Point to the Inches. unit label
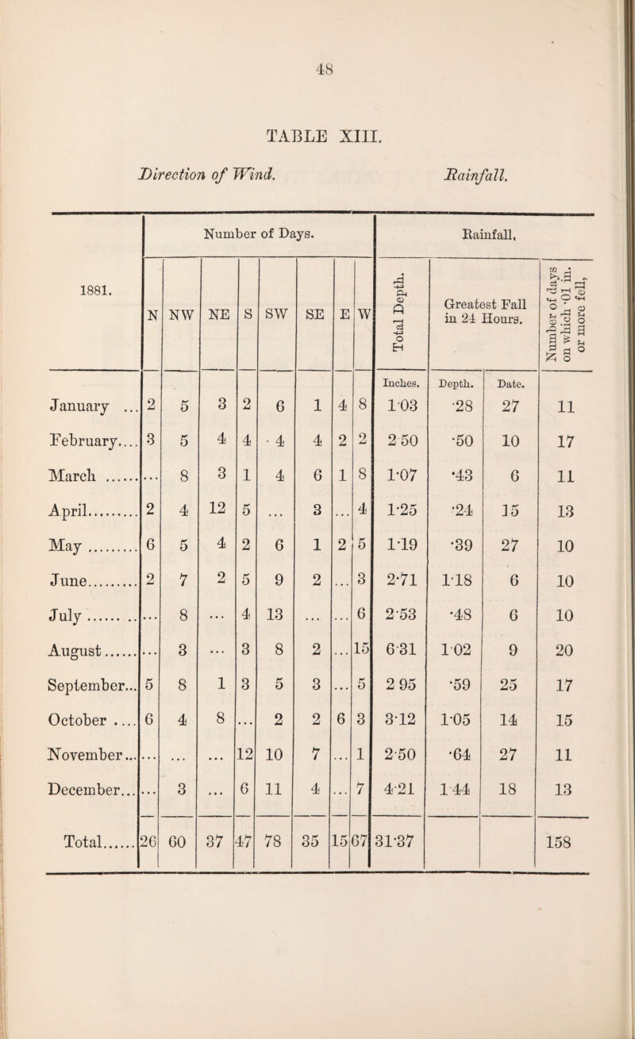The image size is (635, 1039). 402,363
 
